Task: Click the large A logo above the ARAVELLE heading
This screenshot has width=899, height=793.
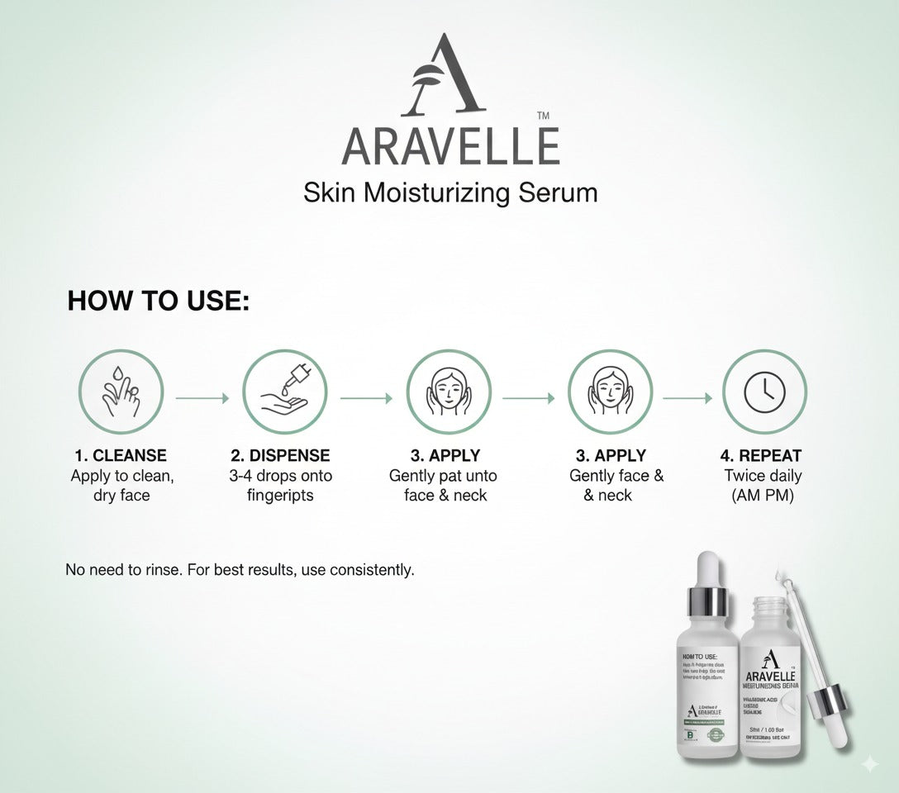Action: [443, 76]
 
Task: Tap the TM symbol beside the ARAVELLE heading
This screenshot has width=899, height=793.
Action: [543, 116]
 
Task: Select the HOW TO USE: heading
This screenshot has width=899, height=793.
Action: [158, 301]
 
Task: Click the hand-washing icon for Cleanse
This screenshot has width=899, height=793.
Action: [121, 392]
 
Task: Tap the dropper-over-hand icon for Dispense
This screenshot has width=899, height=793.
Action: [284, 392]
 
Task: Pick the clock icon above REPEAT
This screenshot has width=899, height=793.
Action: [764, 392]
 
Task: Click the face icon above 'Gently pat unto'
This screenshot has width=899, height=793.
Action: [448, 392]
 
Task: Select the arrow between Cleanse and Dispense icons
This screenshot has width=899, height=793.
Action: [202, 398]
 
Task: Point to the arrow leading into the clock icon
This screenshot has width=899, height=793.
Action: [687, 398]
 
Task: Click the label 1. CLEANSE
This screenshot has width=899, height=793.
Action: [121, 455]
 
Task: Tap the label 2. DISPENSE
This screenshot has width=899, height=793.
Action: [280, 455]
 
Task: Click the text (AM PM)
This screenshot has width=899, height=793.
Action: [762, 496]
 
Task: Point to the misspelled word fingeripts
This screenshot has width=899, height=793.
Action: [280, 496]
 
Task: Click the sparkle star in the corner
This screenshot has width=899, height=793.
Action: [869, 764]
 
